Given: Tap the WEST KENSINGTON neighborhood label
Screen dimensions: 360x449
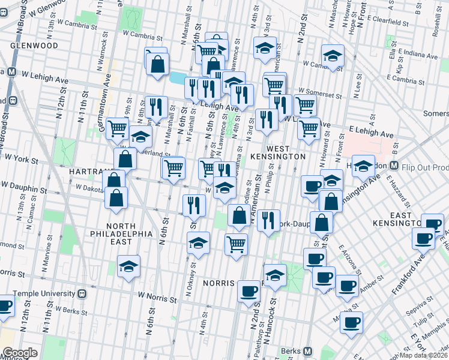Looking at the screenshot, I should (282, 152).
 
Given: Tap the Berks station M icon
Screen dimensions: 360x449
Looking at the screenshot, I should (307, 351).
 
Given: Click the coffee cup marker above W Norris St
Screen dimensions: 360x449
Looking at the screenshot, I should (249, 292).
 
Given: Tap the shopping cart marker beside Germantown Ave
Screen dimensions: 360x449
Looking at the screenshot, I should (117, 127).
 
